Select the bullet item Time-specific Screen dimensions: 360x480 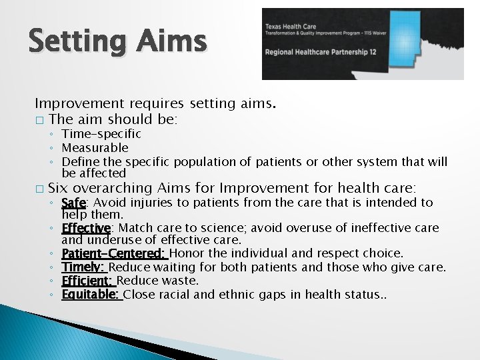(x=101, y=134)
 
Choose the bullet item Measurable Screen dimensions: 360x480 (x=95, y=148)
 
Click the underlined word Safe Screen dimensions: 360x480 (x=73, y=203)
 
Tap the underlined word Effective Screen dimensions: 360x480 (x=85, y=228)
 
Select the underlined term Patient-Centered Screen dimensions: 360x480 (x=113, y=253)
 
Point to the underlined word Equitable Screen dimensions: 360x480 (x=91, y=294)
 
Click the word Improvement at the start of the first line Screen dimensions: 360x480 (x=73, y=104)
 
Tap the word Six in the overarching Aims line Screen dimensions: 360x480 (x=58, y=188)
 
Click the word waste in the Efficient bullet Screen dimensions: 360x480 (x=183, y=281)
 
